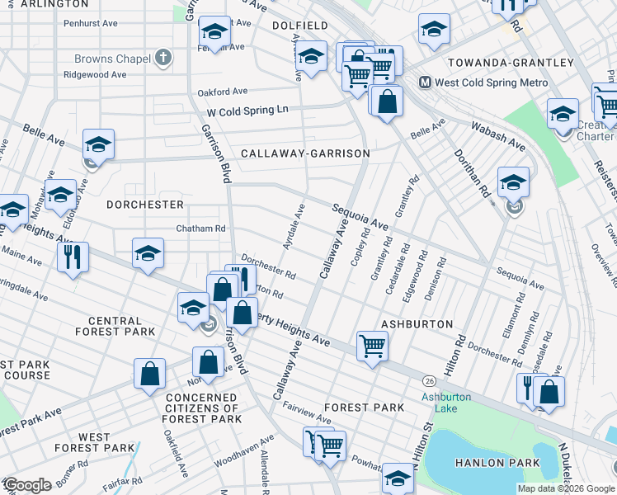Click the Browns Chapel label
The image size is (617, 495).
coord(112,59)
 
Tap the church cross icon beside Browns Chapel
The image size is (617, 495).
coord(164,59)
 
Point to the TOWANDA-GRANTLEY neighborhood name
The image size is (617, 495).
coord(510,63)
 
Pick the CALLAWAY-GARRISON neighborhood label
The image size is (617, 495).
coord(304,153)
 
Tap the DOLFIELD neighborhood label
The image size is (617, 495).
coord(300,26)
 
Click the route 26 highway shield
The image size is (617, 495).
coord(429,380)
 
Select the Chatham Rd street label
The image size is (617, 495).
coord(200,229)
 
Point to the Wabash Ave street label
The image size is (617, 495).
coord(497,136)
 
